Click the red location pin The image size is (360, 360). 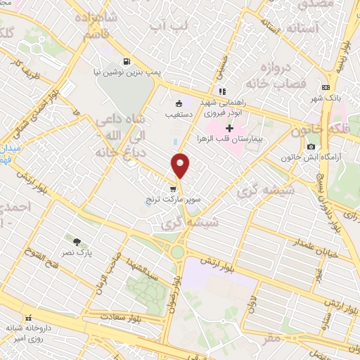point(181,166)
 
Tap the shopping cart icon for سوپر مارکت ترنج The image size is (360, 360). point(173,188)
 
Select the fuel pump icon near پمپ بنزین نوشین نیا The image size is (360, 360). point(126,60)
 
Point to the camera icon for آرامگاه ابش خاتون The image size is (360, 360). point(311,146)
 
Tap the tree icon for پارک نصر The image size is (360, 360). point(77,241)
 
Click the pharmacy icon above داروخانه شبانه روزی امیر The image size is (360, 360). point(29,317)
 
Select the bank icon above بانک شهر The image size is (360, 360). point(325,87)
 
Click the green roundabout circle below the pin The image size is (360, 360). point(178,252)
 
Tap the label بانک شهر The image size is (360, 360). point(328,98)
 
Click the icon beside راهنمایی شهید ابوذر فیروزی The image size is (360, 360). point(221,91)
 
